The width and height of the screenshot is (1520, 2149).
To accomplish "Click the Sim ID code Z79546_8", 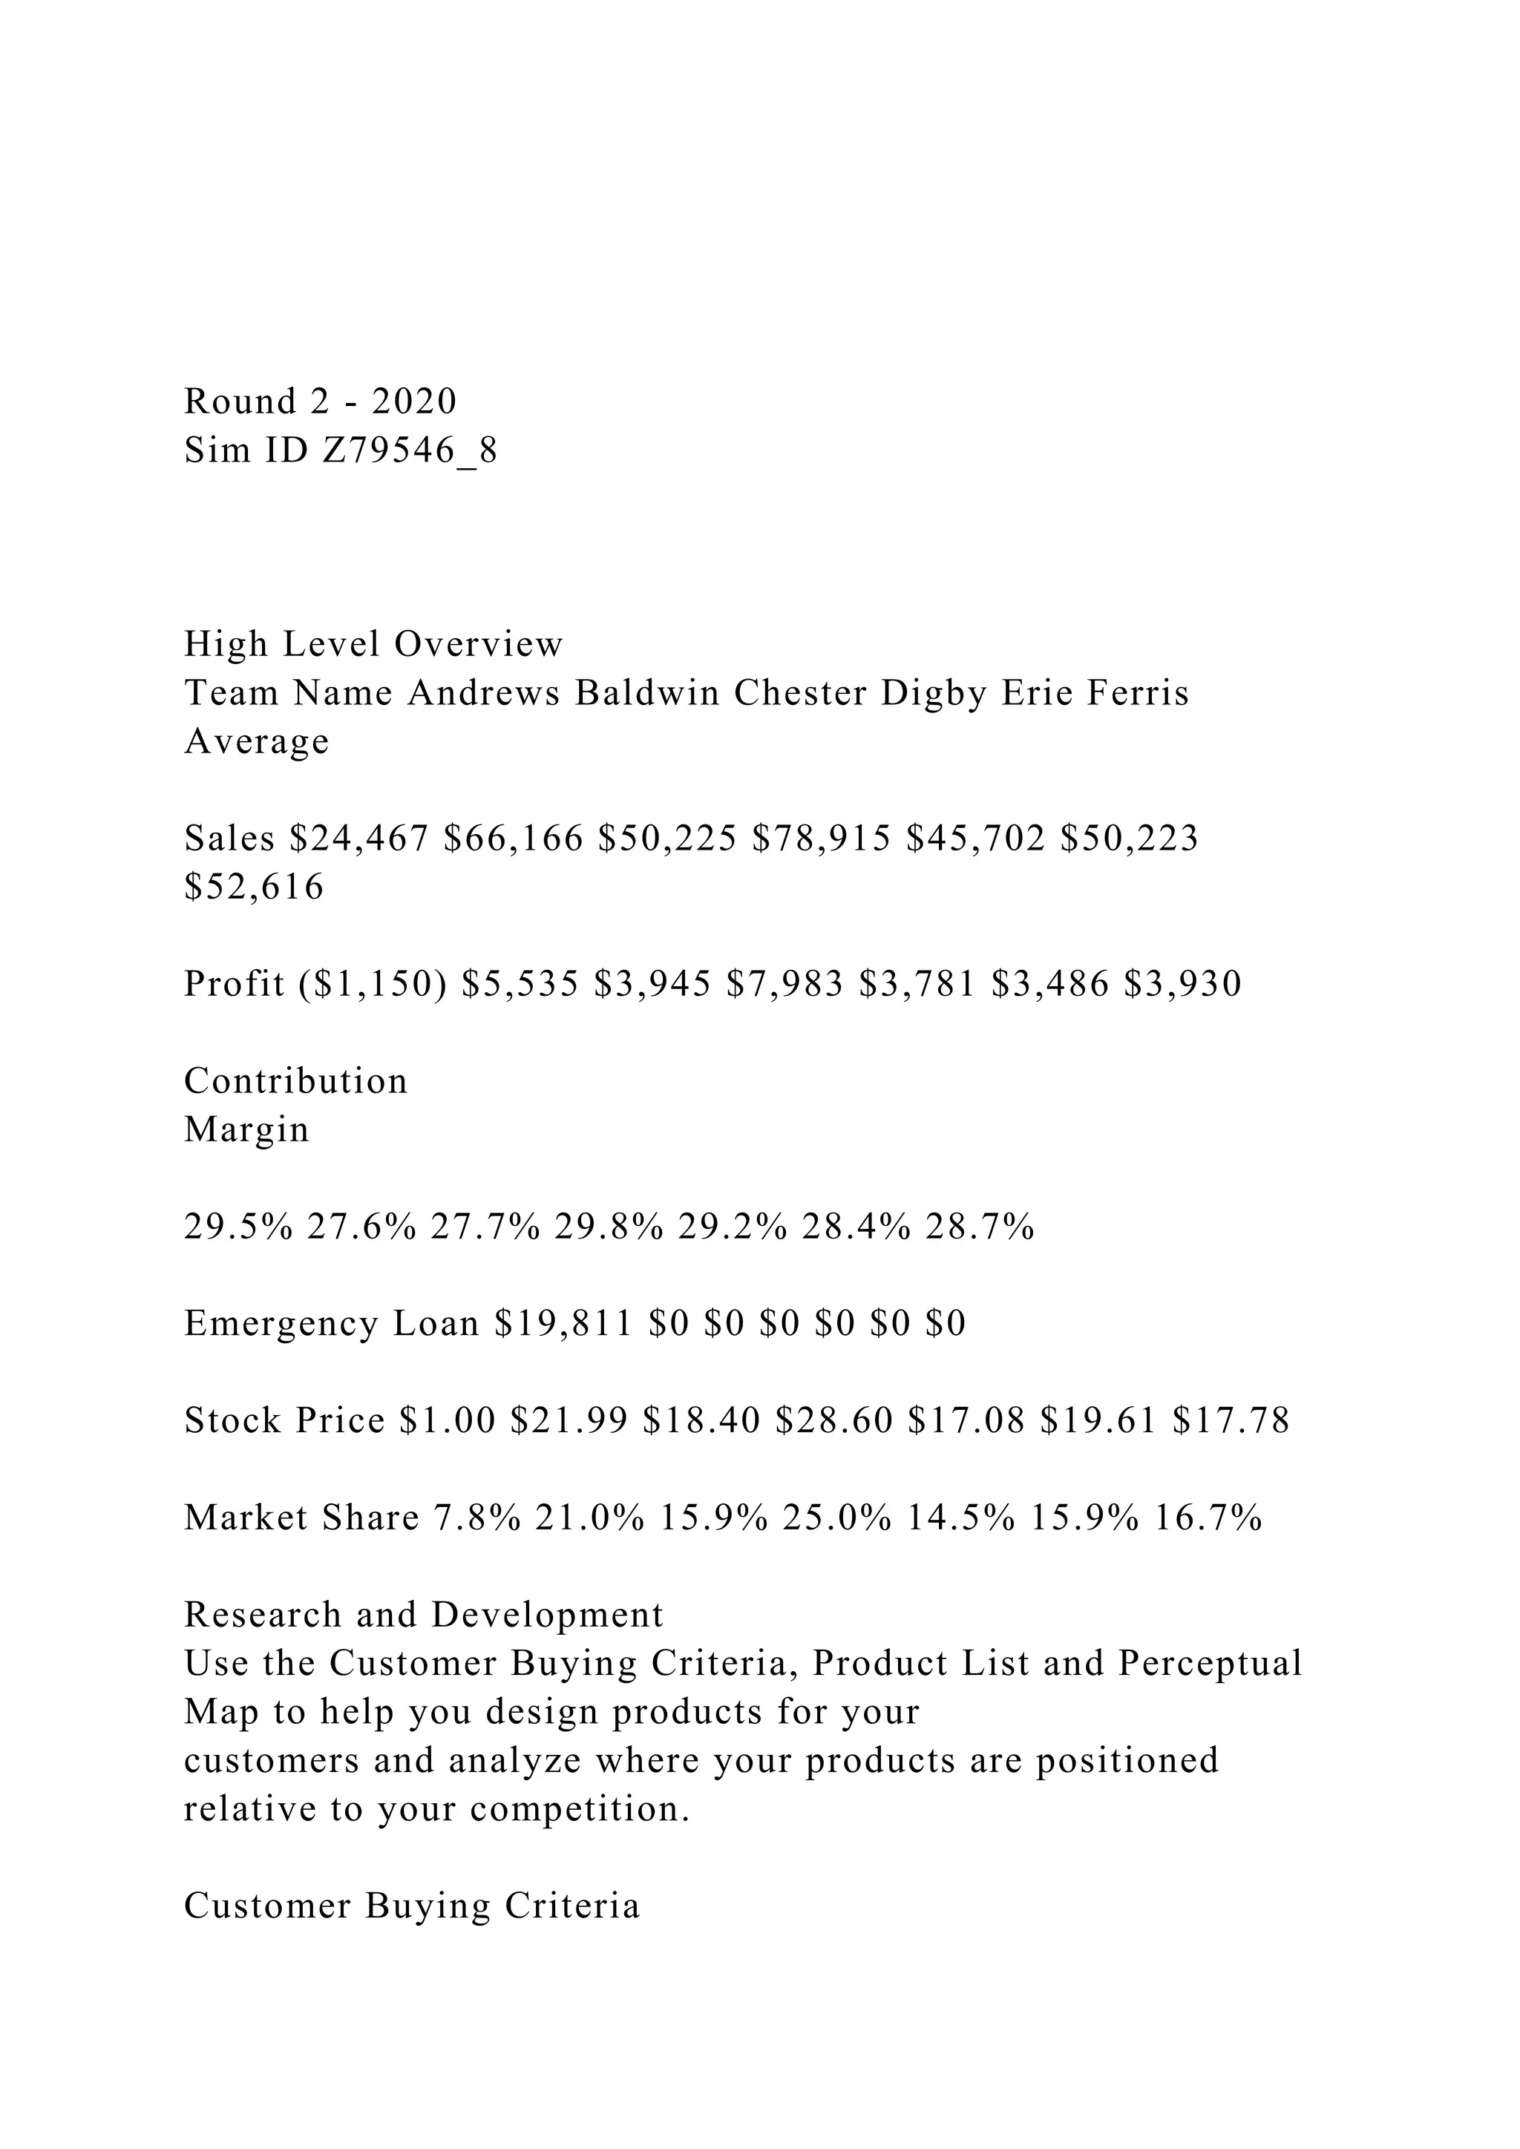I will point(410,451).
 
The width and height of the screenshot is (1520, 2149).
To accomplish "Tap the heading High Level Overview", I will point(373,645).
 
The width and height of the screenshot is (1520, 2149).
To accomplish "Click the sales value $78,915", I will point(821,839).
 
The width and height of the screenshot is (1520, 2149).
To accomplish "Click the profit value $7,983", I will point(784,984).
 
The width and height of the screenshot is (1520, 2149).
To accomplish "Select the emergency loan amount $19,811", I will point(563,1324).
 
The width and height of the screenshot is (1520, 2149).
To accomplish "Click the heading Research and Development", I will point(423,1615).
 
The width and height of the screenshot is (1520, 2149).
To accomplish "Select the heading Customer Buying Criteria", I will point(412,1906).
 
